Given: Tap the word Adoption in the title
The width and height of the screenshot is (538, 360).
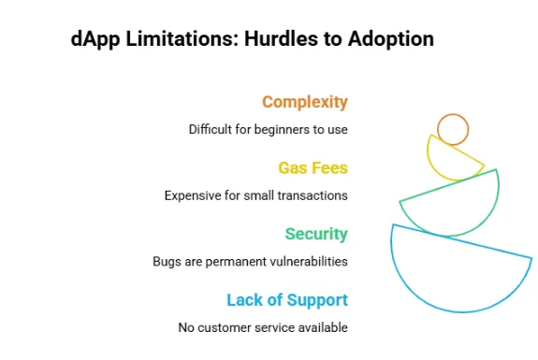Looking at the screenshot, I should [x=393, y=39].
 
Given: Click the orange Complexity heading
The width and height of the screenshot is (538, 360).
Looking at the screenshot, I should [x=304, y=102].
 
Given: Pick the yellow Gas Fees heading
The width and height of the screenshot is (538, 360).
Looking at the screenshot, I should [x=313, y=168].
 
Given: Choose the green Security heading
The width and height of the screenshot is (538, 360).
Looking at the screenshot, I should [x=315, y=234].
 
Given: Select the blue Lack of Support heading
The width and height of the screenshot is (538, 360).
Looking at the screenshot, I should [x=287, y=300].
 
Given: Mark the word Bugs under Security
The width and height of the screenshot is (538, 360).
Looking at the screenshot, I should [x=167, y=262].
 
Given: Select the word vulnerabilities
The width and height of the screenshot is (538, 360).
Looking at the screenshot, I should [x=305, y=262].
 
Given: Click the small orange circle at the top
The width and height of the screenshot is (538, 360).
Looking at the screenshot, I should [x=453, y=129].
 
